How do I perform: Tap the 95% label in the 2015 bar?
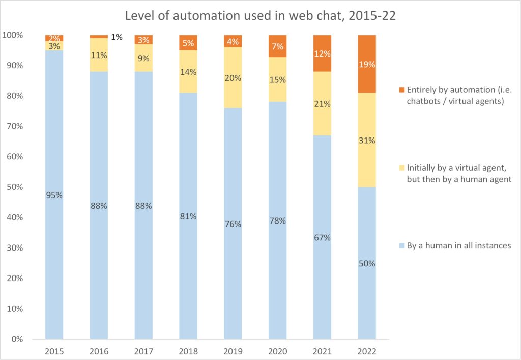pyautogui.click(x=54, y=195)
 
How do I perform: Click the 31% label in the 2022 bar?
pyautogui.click(x=367, y=141)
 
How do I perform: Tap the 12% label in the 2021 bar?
pyautogui.click(x=322, y=53)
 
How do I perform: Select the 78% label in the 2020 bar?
pyautogui.click(x=278, y=221)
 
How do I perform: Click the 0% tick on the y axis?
pyautogui.click(x=16, y=339)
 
